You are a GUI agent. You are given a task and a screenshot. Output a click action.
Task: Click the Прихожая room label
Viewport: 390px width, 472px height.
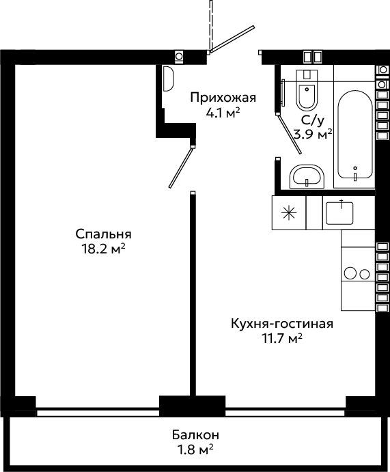[223, 98]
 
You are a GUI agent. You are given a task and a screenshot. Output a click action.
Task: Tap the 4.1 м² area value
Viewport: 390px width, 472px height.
[223, 113]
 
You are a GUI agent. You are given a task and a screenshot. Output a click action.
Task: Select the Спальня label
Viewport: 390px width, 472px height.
[104, 234]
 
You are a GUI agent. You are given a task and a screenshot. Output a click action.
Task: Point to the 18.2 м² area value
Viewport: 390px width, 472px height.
[104, 249]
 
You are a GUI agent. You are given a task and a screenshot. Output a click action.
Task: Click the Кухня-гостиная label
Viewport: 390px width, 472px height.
[282, 324]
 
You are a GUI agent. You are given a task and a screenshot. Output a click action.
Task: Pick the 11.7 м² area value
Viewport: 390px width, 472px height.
[282, 339]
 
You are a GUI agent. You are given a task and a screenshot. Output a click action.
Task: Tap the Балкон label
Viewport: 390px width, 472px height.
[195, 435]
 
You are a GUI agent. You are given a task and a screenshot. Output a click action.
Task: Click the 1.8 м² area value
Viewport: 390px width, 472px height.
[195, 450]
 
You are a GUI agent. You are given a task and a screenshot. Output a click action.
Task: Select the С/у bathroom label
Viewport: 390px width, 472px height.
[313, 121]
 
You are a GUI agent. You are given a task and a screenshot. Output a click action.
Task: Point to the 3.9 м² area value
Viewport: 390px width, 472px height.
[313, 135]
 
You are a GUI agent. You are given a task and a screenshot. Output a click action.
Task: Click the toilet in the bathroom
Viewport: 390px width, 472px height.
[307, 89]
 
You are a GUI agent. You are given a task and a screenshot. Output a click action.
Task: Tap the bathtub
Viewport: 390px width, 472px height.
[355, 135]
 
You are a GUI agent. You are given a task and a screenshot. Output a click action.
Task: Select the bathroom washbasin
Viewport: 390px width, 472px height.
[307, 177]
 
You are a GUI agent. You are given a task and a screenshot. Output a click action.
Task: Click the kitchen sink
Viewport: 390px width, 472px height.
[339, 213]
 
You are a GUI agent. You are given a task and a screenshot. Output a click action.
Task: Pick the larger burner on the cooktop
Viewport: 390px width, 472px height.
[350, 273]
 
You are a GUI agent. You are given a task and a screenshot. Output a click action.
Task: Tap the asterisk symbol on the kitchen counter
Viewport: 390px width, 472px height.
[289, 213]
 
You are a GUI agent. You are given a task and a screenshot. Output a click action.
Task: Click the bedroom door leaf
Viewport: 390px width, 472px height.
[180, 167]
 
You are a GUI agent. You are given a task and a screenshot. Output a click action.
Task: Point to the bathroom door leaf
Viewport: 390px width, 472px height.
[289, 134]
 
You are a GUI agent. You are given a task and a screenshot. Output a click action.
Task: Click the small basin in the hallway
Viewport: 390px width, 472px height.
[169, 79]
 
